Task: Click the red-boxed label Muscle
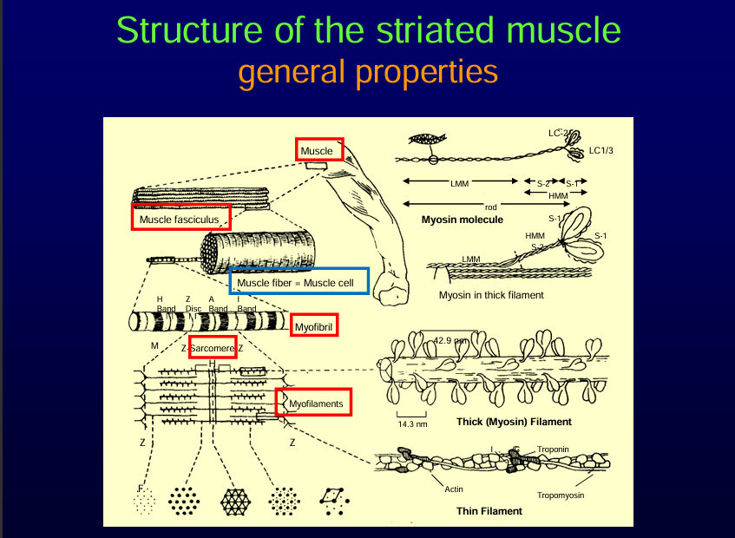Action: coord(318,151)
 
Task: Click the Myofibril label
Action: coord(313,326)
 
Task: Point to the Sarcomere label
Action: coord(212,347)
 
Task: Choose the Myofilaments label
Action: coord(315,403)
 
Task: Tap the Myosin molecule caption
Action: coord(462,220)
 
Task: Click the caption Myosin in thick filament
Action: coord(491,295)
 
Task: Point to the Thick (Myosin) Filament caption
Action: coord(514,422)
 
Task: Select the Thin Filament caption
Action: coord(489,511)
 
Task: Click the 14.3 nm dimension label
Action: coord(413,424)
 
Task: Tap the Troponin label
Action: coord(553,449)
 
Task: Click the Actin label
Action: coord(454,489)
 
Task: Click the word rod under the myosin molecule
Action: coord(491,207)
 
